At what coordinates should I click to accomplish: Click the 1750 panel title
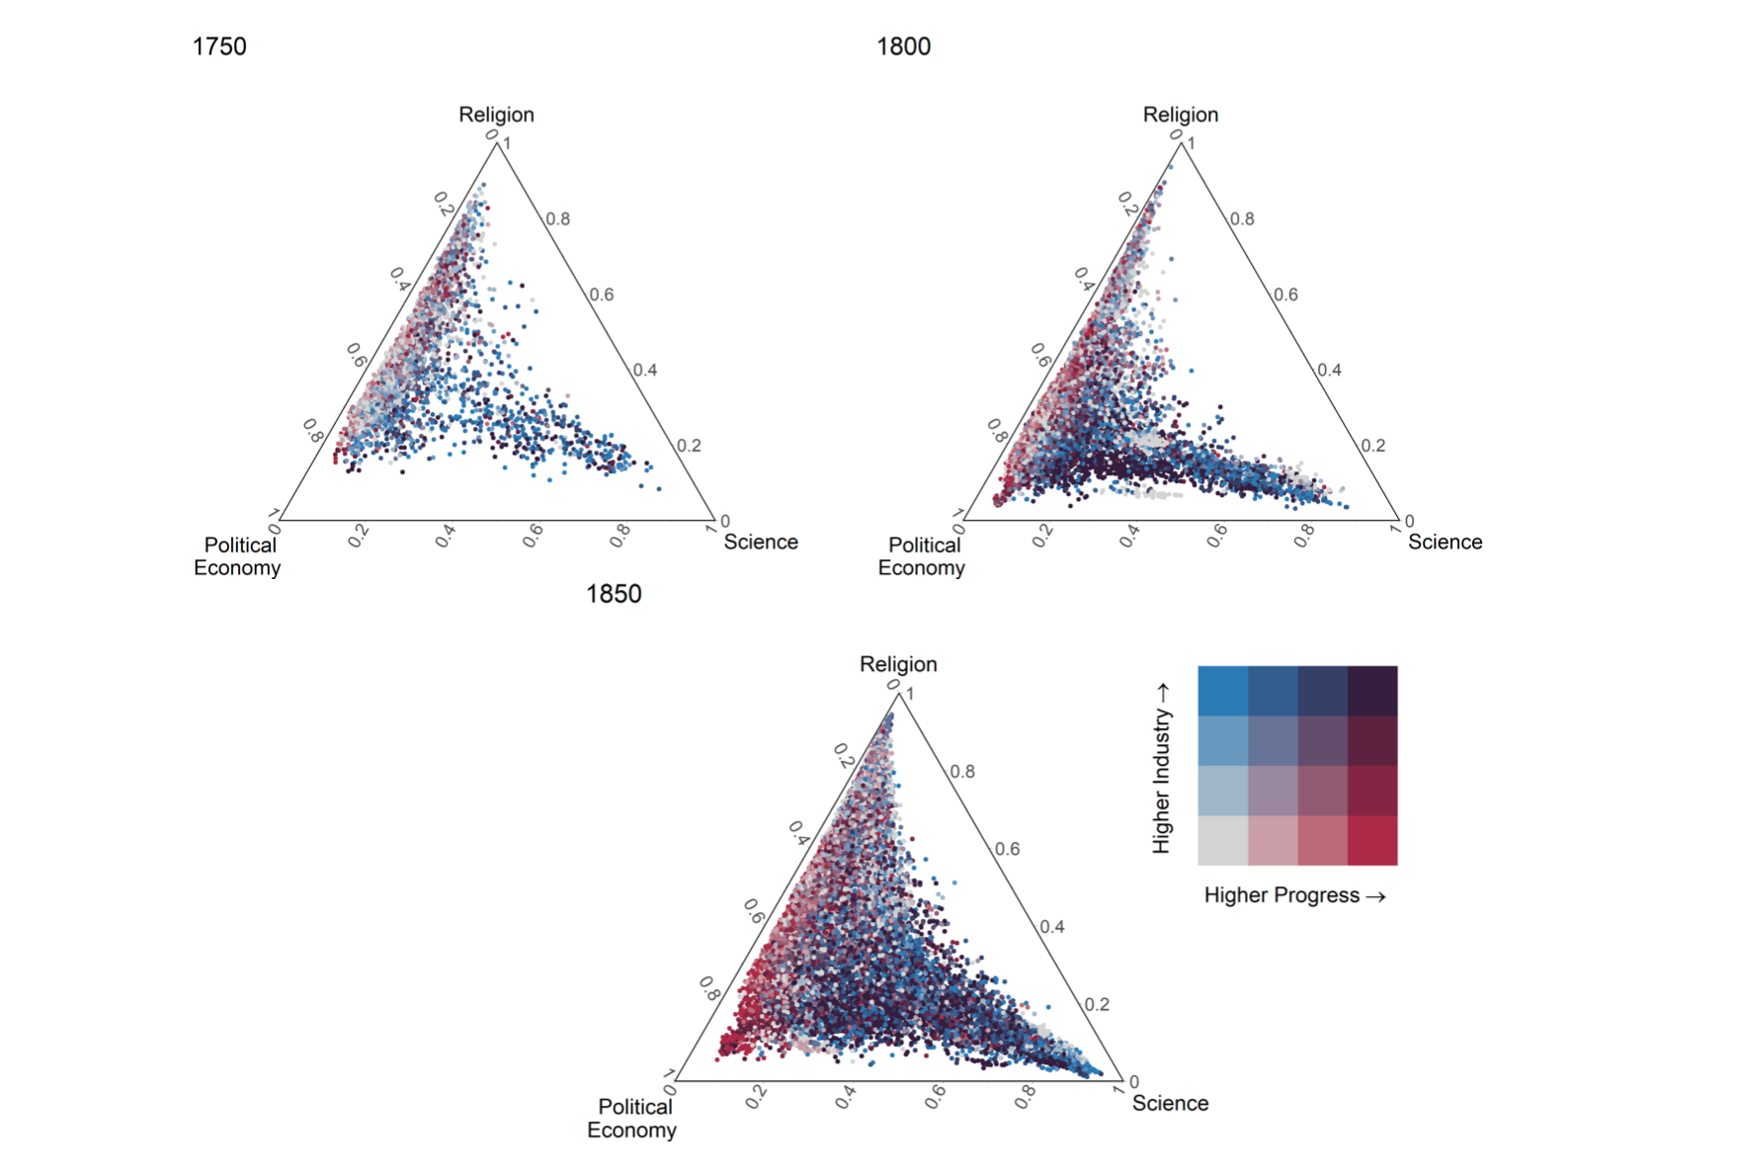219,46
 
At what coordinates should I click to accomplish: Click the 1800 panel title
903,46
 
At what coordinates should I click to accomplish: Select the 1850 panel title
614,594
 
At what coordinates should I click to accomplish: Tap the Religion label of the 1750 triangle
496,115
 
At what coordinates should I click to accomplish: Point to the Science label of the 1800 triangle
1445,542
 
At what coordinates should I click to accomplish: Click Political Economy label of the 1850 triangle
632,1118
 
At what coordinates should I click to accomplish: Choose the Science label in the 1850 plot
1170,1103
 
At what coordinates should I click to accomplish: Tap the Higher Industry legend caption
1162,767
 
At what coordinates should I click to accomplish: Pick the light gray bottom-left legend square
1223,840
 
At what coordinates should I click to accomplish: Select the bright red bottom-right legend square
1372,840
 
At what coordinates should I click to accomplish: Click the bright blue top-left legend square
1223,691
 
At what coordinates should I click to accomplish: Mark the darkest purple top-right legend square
1372,691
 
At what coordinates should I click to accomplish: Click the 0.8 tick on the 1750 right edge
558,218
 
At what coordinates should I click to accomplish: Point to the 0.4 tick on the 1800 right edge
1330,370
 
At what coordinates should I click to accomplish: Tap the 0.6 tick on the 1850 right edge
1007,849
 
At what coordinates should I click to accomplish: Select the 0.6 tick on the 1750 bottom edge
534,536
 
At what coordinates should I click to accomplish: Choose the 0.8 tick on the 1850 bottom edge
1026,1096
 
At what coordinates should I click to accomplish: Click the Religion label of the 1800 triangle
1181,115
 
